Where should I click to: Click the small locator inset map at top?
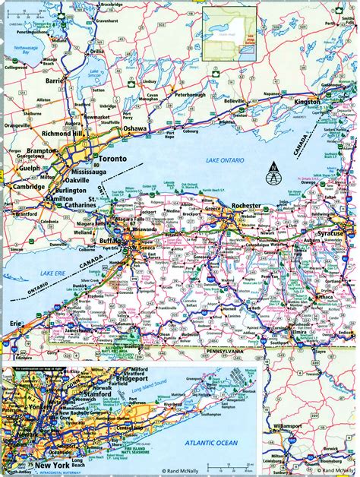tap(231, 33)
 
